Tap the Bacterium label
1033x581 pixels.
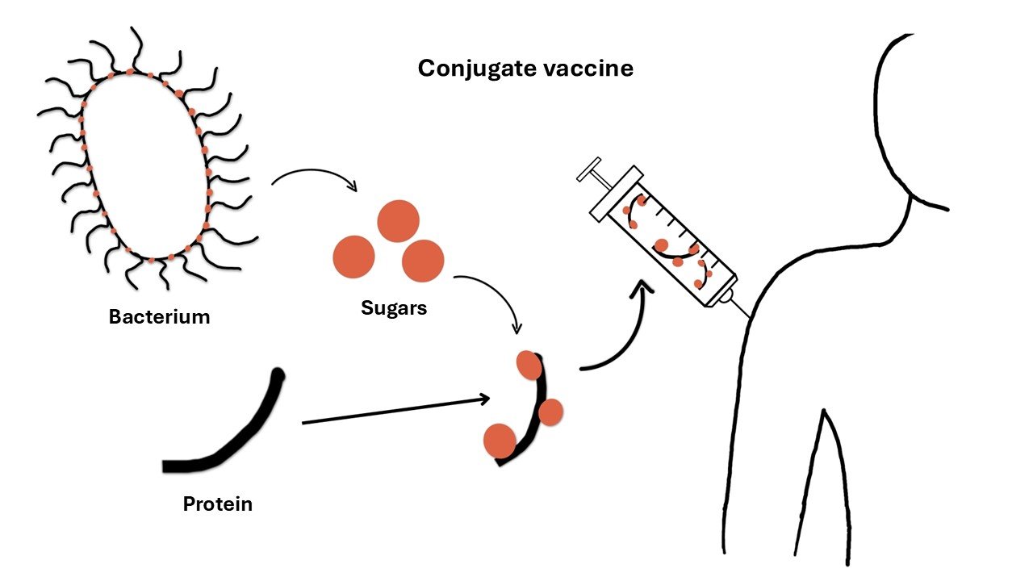coord(159,317)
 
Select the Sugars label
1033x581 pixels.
coord(394,308)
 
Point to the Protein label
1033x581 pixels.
coord(217,505)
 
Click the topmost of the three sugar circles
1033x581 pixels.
coord(399,221)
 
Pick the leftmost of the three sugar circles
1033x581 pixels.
coord(353,257)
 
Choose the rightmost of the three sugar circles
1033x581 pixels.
coord(423,261)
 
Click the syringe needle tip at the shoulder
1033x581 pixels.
coord(747,314)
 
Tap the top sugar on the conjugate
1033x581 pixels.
coord(529,366)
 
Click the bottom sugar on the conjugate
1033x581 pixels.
coord(500,441)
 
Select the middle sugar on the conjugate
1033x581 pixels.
coord(550,412)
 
